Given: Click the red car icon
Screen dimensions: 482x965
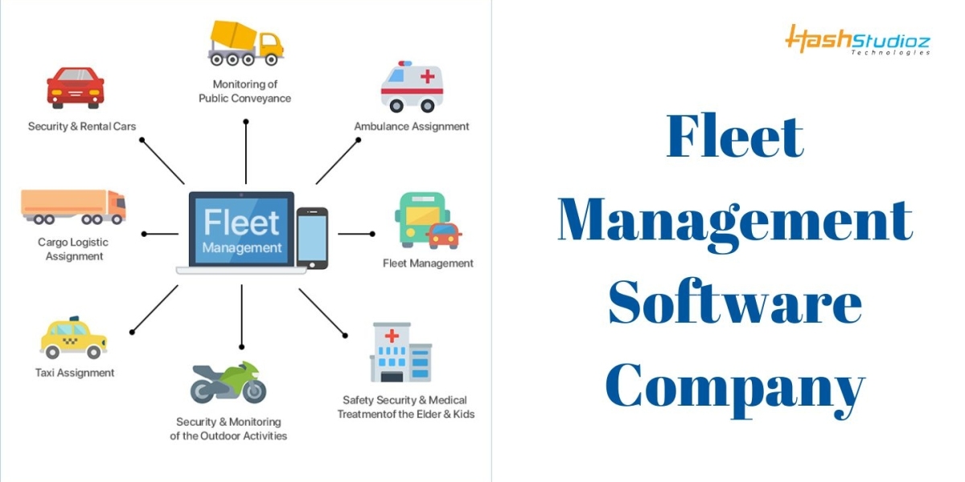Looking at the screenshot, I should pyautogui.click(x=75, y=88).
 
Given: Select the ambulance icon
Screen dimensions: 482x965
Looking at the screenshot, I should pyautogui.click(x=412, y=86).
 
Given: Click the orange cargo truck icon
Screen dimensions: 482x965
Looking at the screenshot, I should pyautogui.click(x=73, y=206).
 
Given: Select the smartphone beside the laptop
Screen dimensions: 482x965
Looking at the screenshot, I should pyautogui.click(x=312, y=237).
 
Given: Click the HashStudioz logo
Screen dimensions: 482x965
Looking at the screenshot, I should pyautogui.click(x=857, y=39).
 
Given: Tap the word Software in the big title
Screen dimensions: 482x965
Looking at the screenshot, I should pyautogui.click(x=734, y=305).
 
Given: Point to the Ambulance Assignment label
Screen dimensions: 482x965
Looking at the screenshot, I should pyautogui.click(x=412, y=126).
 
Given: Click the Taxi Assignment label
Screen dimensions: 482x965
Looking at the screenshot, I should pyautogui.click(x=75, y=373).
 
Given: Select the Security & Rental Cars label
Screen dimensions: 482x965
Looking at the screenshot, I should pyautogui.click(x=82, y=126).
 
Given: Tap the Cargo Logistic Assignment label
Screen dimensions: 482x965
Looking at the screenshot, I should pyautogui.click(x=73, y=249).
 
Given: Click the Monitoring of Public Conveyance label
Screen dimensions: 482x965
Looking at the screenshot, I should pyautogui.click(x=245, y=91).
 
